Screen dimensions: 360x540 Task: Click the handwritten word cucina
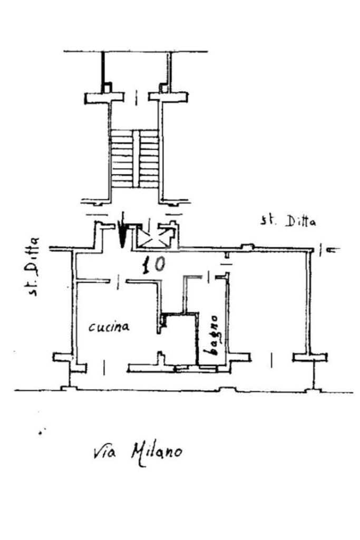coord(109,326)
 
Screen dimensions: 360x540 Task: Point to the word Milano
coord(156,453)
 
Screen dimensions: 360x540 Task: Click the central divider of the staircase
coord(137,159)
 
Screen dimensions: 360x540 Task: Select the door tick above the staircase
coord(137,98)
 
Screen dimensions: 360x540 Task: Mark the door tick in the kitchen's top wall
coord(118,282)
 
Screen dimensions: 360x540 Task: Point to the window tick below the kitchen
coord(104,368)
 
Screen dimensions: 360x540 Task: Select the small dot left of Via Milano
coord(42,432)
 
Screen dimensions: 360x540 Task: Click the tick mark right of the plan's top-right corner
coord(321,249)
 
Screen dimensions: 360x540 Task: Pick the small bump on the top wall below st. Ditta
coord(247,246)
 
